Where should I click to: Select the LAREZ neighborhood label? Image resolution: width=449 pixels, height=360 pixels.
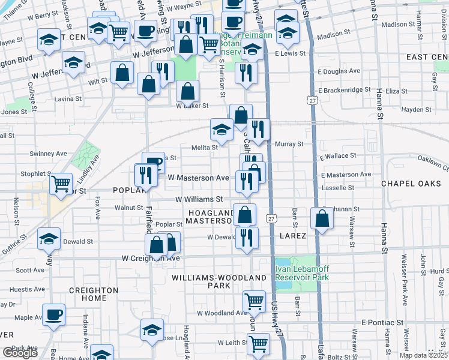pos(293,236)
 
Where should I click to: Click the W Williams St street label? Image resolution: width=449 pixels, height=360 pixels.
pos(199,199)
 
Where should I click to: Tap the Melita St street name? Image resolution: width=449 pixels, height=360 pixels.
pos(205,147)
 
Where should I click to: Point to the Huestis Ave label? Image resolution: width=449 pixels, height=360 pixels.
pos(27,289)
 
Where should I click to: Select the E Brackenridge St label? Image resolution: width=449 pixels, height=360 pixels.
pos(346,90)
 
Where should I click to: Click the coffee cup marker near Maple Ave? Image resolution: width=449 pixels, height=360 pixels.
pos(53,315)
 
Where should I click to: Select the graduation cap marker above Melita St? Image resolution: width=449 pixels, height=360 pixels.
pos(221,129)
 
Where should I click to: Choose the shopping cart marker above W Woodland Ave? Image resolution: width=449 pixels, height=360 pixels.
pos(255,301)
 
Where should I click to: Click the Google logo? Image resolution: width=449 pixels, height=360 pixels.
pos(20,353)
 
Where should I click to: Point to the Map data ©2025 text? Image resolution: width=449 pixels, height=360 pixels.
pos(423,355)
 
